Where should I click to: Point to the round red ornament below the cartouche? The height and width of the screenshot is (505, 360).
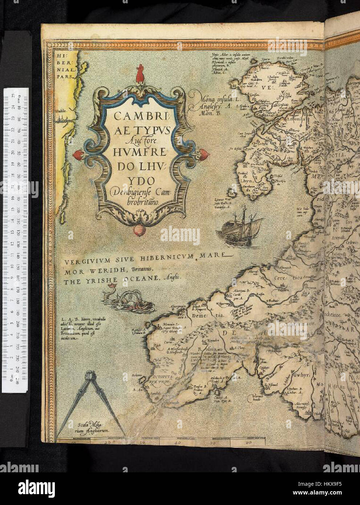[x=139, y=230]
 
